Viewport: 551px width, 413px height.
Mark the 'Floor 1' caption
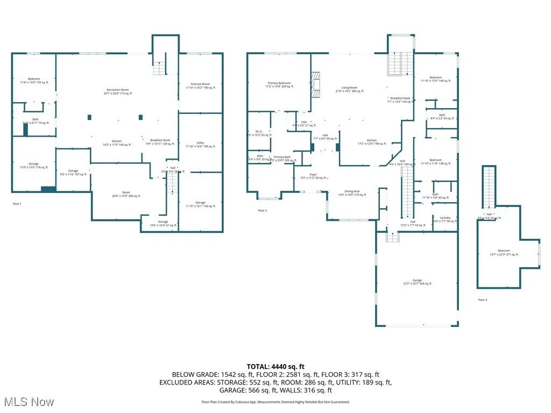click(17, 204)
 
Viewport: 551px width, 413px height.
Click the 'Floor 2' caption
click(262, 210)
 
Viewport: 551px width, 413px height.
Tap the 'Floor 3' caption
click(483, 300)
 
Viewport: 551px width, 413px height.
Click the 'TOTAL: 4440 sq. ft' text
click(275, 367)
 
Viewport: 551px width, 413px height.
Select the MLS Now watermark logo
click(29, 402)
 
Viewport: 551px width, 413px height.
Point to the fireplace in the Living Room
click(317, 84)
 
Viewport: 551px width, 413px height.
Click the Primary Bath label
click(282, 159)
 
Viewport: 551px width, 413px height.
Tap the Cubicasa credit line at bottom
click(275, 402)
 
